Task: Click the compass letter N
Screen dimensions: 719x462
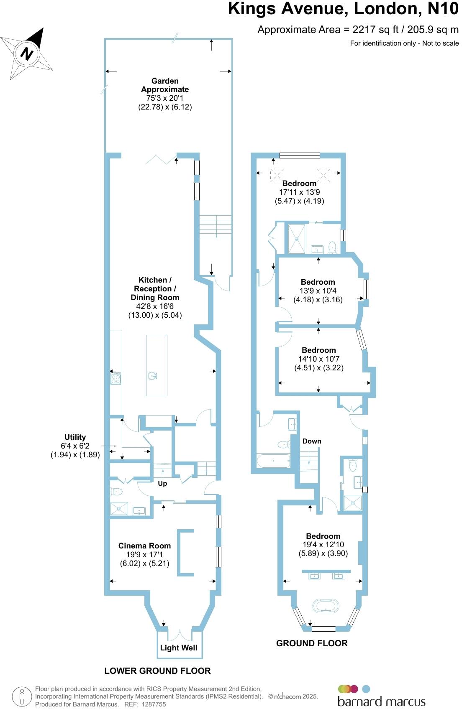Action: (x=27, y=54)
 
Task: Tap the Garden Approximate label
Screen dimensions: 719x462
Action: (x=165, y=85)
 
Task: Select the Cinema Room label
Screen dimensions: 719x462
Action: (x=144, y=546)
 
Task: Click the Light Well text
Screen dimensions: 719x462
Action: (x=179, y=648)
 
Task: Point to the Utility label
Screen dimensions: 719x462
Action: (x=75, y=437)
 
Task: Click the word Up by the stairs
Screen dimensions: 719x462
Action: (x=162, y=483)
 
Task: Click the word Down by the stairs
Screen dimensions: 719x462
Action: (x=312, y=441)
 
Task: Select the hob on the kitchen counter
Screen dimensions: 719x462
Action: (x=116, y=378)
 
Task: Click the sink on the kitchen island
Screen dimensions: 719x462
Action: (x=153, y=376)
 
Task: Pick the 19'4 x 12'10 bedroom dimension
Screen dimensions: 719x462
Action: (x=323, y=544)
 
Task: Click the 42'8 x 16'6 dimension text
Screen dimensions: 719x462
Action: (x=155, y=306)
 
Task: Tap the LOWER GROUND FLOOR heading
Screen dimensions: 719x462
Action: (x=157, y=671)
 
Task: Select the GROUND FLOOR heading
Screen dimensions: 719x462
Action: (x=312, y=643)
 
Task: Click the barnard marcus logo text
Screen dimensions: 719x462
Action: (x=381, y=701)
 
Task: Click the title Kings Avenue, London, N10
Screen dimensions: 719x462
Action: (x=343, y=9)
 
